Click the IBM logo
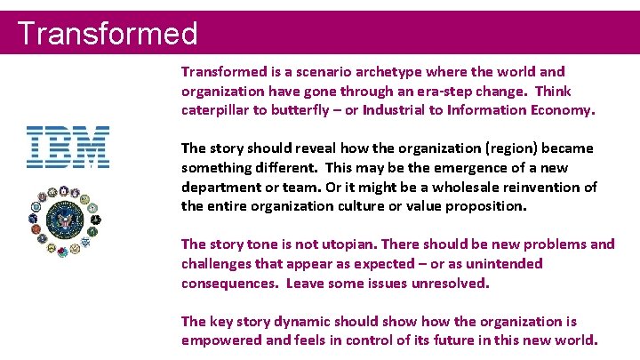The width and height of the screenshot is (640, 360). [x=68, y=148]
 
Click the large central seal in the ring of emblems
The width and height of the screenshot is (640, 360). [x=68, y=220]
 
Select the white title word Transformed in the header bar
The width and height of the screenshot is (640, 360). [x=108, y=34]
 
